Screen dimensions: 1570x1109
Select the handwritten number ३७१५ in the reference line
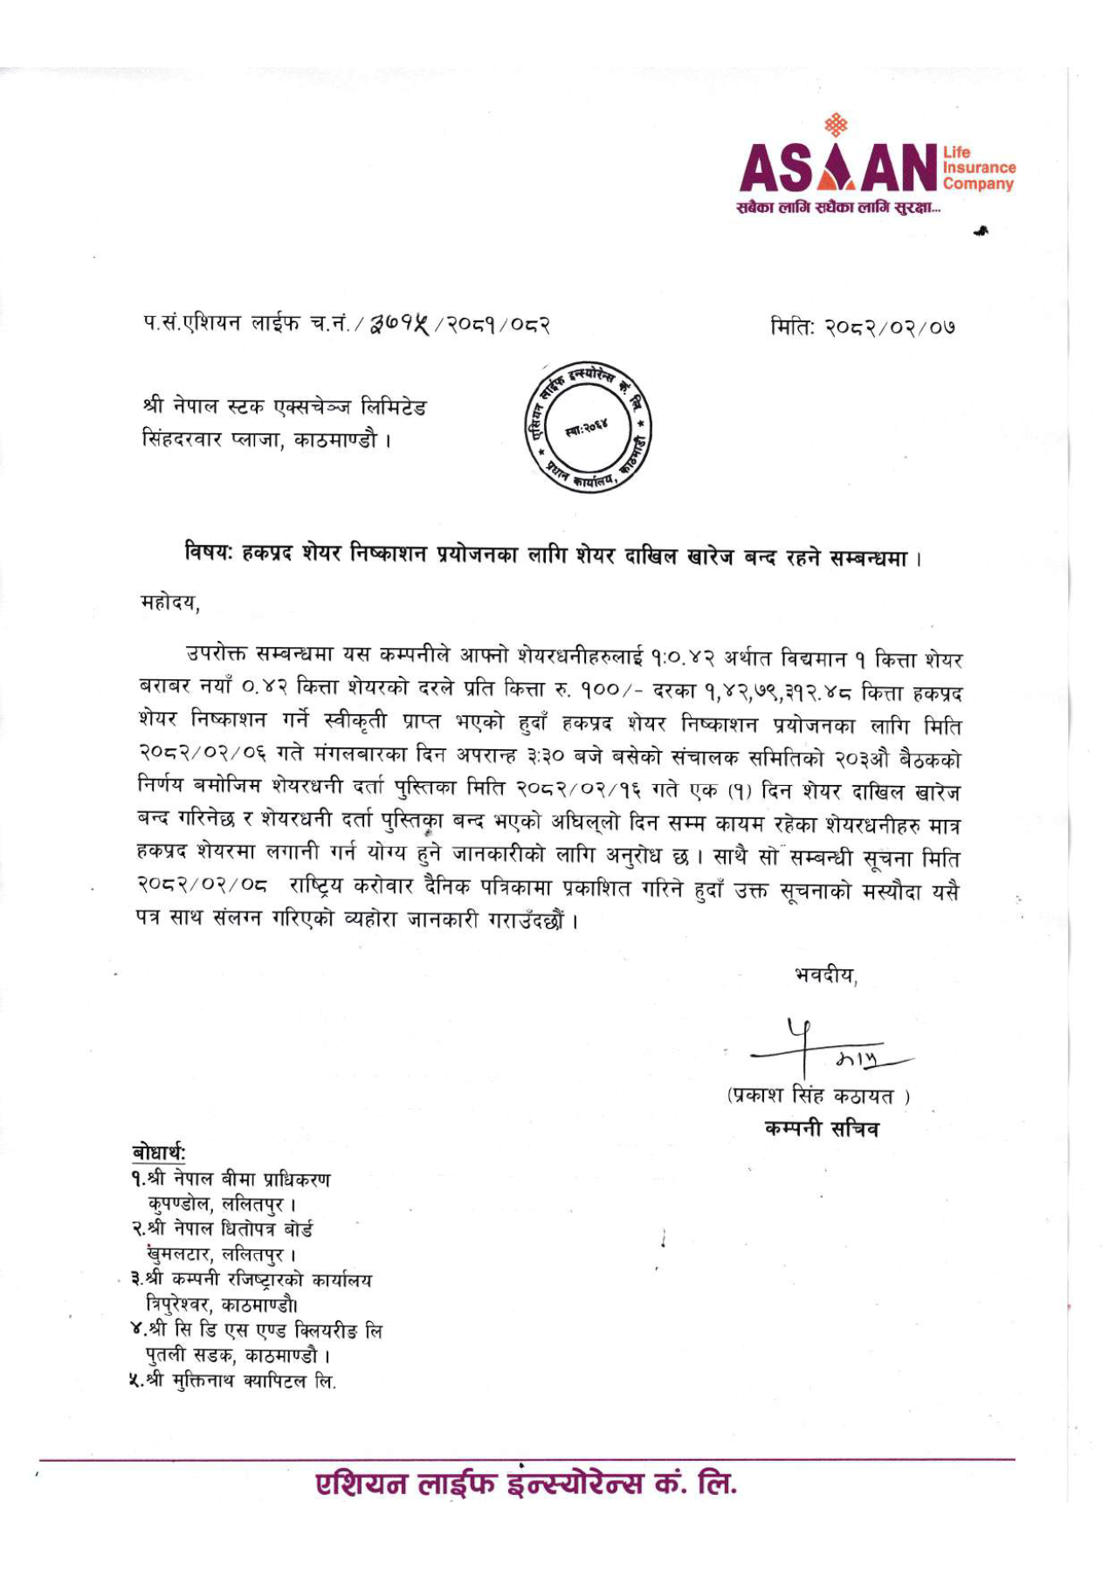click(x=406, y=325)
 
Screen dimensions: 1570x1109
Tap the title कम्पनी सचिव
click(x=822, y=1128)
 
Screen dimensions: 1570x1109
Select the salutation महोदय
click(x=169, y=602)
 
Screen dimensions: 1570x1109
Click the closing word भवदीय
click(x=825, y=975)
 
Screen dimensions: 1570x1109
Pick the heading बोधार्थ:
click(x=159, y=1153)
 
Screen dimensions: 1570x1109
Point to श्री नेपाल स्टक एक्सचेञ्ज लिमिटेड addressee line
click(x=284, y=407)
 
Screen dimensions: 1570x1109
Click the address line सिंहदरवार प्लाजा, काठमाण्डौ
click(x=265, y=439)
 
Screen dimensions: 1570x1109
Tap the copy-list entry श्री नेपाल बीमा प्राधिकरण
click(x=232, y=1180)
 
